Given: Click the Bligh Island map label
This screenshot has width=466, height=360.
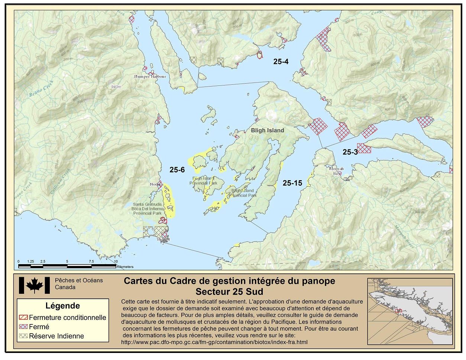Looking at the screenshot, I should pos(267,130).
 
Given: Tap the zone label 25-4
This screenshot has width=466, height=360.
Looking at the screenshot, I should pos(281,62).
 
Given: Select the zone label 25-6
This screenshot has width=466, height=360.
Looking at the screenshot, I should pos(177,170).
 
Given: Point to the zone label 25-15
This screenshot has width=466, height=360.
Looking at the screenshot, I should pos(292,183).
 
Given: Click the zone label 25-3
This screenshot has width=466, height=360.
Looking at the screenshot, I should pos(350,152).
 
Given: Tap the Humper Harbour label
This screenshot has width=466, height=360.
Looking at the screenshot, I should pos(150,77).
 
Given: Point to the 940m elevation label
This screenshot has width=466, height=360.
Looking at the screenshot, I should pos(116,87).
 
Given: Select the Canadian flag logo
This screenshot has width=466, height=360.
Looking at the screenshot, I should pos(34,285).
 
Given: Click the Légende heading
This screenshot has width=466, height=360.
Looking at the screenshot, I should pos(62,306).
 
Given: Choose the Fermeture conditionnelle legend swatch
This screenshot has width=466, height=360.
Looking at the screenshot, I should pos(23,318).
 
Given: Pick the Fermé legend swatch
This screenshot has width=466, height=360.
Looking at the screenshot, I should pos(23,327).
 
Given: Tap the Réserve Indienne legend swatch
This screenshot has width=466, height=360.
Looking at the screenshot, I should pos(23,336).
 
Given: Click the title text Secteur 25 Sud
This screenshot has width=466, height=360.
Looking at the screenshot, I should pos(229,291).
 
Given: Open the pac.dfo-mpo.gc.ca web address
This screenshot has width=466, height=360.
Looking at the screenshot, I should pos(214,342).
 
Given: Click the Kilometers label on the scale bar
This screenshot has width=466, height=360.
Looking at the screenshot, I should pos(125,267).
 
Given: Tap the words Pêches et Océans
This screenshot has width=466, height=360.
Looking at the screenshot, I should pos(79,280).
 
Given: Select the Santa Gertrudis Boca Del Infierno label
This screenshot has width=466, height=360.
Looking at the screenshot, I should pos(148,209).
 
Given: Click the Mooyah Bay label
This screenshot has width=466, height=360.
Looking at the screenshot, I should pos(336,171).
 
